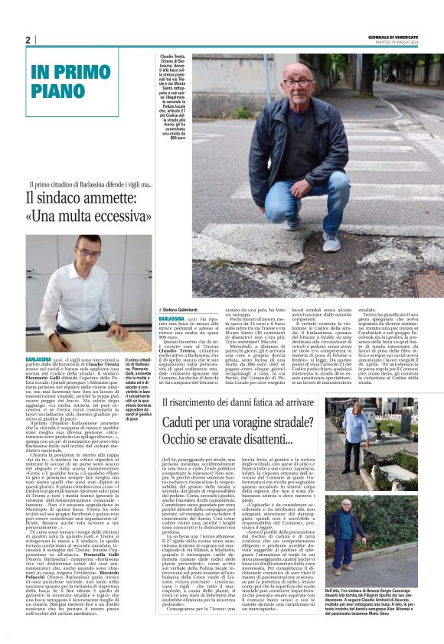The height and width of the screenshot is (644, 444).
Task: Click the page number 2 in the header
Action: (27, 40)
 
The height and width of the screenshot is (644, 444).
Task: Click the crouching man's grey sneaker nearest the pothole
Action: (331, 242)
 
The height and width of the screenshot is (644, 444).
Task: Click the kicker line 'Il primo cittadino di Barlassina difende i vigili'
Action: (91, 185)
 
